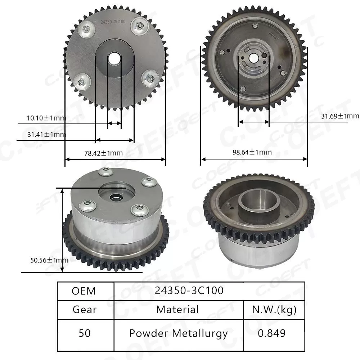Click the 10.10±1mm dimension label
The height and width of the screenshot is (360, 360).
click(x=46, y=118)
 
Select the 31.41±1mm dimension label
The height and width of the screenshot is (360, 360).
click(x=46, y=135)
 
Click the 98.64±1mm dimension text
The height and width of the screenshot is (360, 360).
click(x=252, y=152)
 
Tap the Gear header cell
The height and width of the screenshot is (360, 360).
click(x=85, y=310)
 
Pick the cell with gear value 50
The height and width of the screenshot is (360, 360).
click(x=85, y=333)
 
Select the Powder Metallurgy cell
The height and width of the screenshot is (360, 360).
click(x=178, y=333)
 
